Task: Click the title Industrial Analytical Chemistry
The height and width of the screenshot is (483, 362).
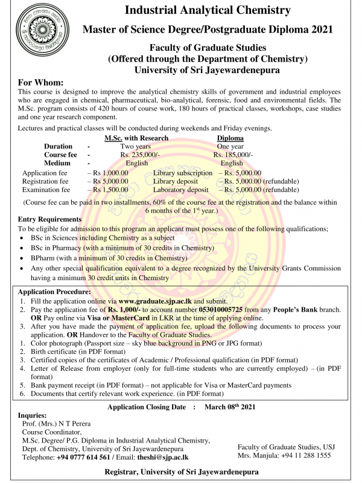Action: click(x=207, y=10)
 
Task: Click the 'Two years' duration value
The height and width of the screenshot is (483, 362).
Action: click(x=136, y=146)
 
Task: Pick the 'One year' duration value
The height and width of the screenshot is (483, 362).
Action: click(x=230, y=146)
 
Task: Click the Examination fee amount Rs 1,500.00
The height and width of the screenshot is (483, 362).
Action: click(x=110, y=189)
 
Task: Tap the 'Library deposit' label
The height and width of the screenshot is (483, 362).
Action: click(x=176, y=181)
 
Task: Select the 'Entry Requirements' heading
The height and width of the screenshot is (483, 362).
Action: click(x=49, y=219)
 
